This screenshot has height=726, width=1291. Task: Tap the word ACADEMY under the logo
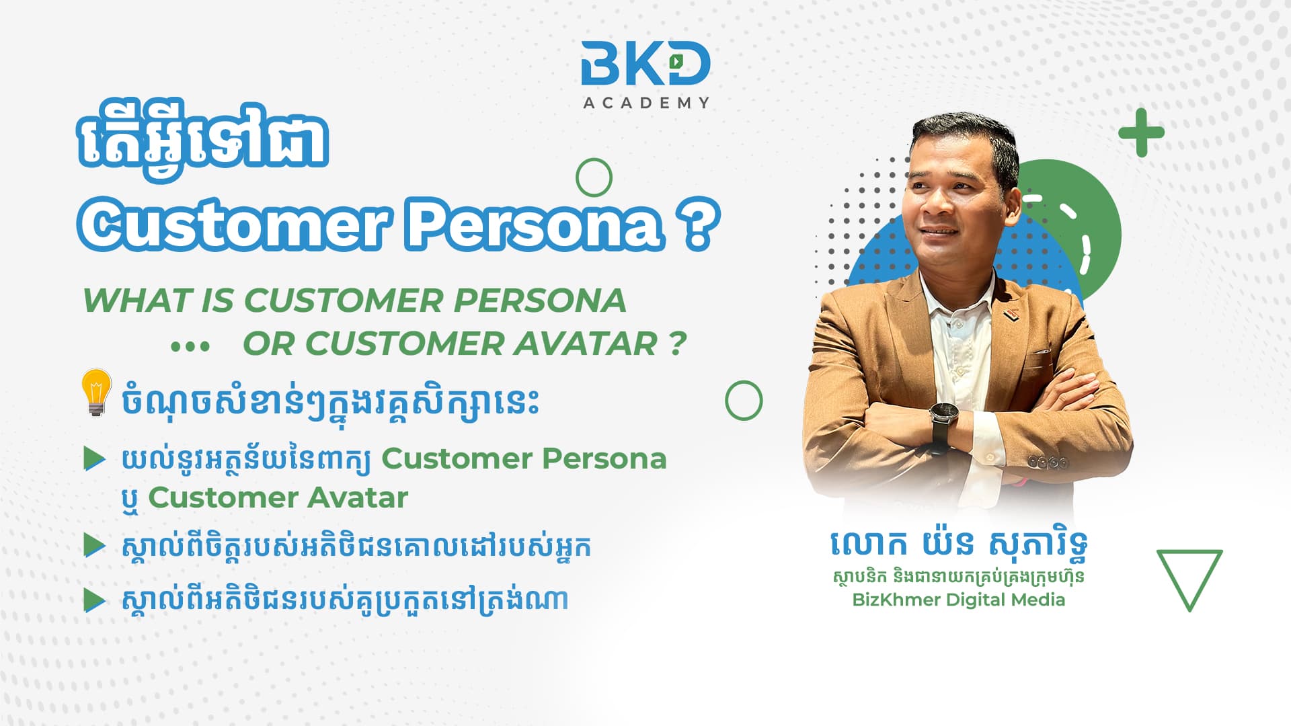(646, 103)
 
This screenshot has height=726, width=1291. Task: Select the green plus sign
(1141, 132)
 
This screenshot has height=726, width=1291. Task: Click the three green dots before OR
(190, 347)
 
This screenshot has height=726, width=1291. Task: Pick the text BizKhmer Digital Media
(958, 600)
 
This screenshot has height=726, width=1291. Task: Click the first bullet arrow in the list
(95, 459)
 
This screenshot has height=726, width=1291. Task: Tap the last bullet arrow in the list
(95, 600)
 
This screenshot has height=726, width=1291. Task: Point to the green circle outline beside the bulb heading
(744, 382)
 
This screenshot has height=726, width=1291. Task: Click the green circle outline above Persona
(594, 160)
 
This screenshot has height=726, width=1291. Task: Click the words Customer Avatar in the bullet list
(278, 498)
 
